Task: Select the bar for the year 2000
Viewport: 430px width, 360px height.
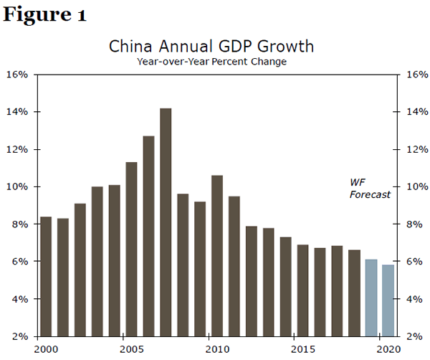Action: (x=46, y=276)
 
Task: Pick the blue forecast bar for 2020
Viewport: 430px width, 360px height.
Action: (x=388, y=300)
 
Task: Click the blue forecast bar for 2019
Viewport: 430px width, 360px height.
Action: (x=371, y=298)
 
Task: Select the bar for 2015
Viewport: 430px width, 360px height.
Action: (x=302, y=290)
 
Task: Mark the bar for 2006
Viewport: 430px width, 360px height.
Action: (x=149, y=236)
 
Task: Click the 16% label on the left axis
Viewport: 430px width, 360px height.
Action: (x=17, y=75)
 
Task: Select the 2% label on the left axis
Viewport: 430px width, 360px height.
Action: (x=19, y=336)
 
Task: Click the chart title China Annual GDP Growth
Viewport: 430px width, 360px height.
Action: (x=211, y=47)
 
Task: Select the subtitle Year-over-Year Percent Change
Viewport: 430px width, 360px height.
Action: (x=211, y=62)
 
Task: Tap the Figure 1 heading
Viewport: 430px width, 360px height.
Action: (x=44, y=16)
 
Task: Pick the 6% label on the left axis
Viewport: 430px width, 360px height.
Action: (x=19, y=262)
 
